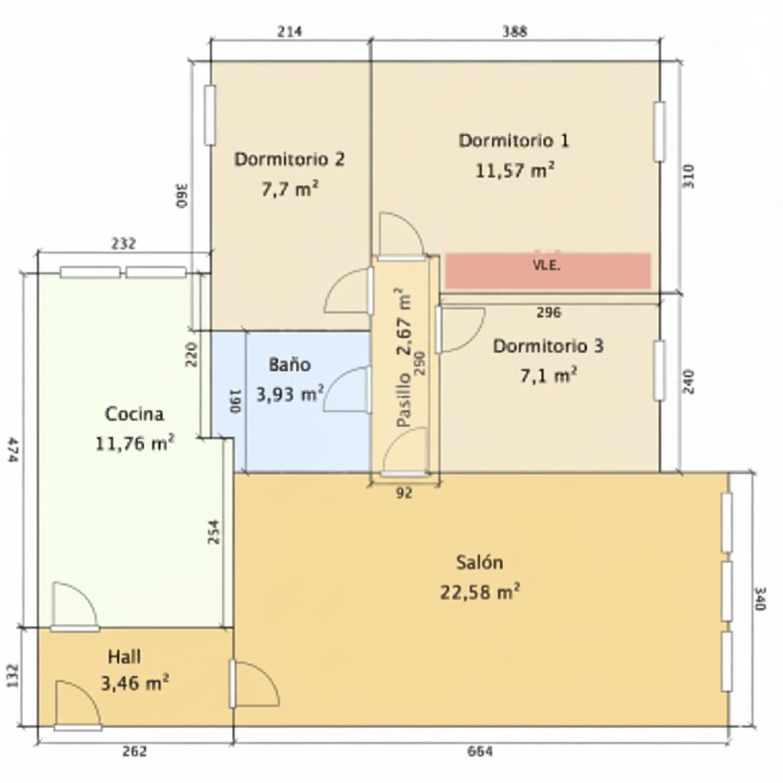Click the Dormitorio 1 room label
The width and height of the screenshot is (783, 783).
[514, 141]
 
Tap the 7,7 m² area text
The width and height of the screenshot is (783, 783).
[290, 189]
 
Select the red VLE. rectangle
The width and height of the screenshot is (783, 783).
[548, 270]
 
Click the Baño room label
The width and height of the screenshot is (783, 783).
[290, 364]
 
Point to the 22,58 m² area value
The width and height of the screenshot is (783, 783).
[480, 592]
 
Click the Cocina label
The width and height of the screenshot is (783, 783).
[135, 414]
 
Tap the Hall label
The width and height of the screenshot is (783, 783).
[124, 657]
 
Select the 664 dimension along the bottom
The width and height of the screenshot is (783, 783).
[480, 752]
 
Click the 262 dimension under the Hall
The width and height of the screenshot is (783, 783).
[135, 752]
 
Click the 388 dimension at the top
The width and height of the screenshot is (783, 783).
[515, 31]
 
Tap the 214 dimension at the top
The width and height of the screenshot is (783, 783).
[289, 31]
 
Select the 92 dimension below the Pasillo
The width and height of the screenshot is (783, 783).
[404, 493]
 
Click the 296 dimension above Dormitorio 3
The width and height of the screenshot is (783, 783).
[549, 312]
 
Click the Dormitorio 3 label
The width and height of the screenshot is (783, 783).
[548, 346]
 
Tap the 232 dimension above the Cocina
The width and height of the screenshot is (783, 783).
[123, 244]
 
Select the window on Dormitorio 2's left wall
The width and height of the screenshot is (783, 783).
[210, 115]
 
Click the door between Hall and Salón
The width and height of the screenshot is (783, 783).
[254, 684]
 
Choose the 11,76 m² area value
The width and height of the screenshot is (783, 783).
[135, 444]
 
